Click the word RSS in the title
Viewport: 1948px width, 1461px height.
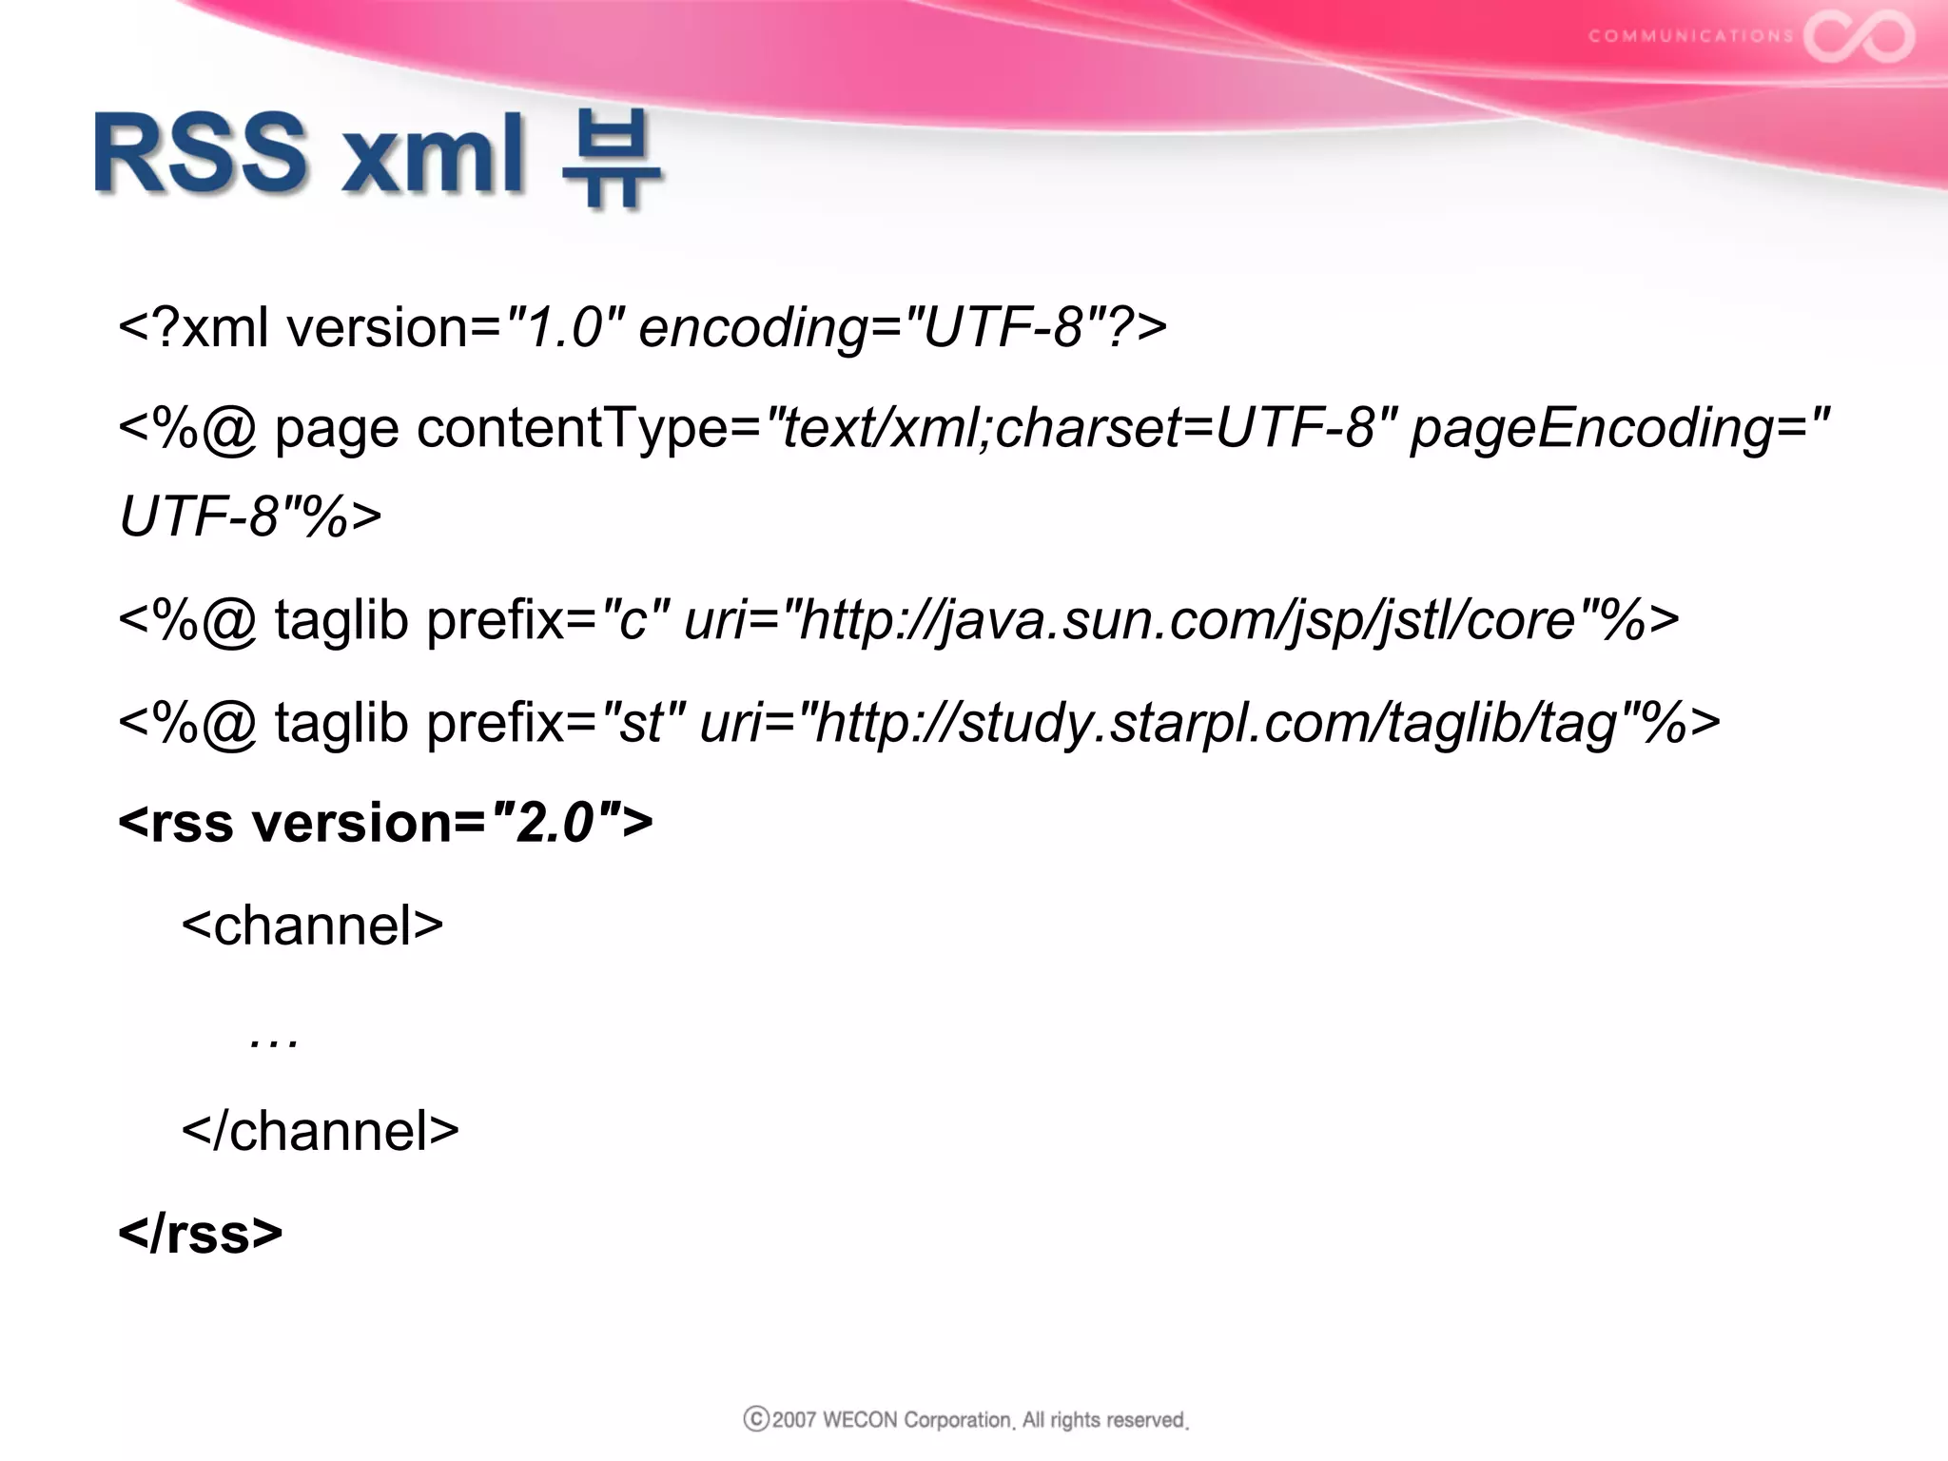tap(200, 152)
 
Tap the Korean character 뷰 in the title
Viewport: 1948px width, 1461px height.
tap(611, 157)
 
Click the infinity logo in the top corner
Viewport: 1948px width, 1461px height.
tap(1860, 36)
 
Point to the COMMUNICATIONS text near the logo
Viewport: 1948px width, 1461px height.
tap(1690, 36)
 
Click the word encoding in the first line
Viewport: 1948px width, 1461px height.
tap(752, 328)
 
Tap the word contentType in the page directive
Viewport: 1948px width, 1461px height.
tap(571, 428)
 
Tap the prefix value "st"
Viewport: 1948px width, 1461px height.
tap(644, 722)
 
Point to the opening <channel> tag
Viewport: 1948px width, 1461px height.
tap(312, 925)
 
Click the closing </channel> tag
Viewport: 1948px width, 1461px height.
tap(320, 1130)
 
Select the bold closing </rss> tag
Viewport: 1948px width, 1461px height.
tap(200, 1233)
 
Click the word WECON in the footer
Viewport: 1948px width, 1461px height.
tap(859, 1420)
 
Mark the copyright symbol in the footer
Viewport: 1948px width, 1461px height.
tap(756, 1419)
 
